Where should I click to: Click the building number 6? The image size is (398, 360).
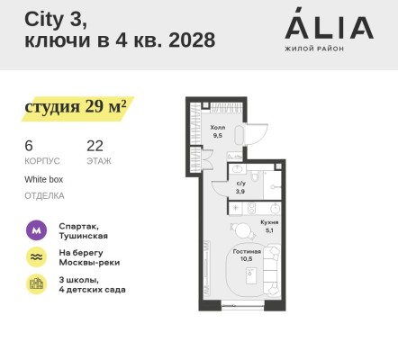tap(29, 145)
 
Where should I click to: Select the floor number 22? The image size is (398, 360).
tap(95, 145)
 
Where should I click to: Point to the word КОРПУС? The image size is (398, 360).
tap(42, 161)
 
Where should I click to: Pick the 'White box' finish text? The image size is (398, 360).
tap(44, 179)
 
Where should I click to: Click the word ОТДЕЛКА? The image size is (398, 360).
tap(44, 194)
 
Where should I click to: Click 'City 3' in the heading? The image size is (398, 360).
tap(50, 18)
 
